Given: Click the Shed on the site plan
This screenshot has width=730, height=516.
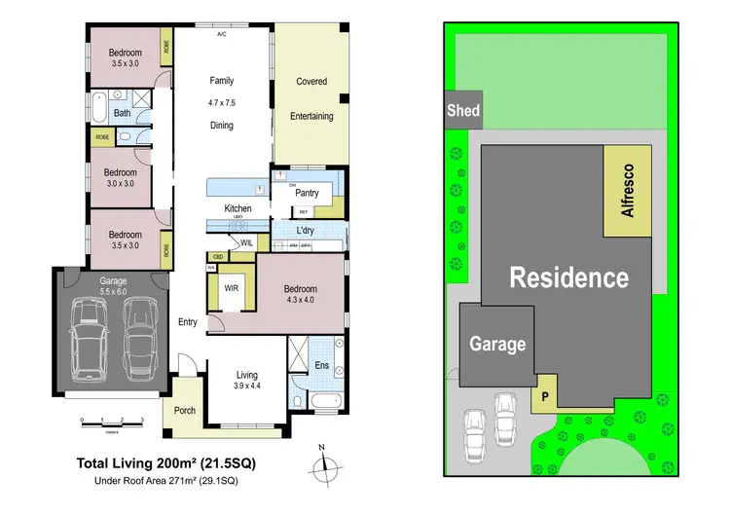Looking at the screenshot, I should [462, 110].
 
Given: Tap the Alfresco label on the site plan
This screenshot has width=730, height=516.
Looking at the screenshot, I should [628, 191].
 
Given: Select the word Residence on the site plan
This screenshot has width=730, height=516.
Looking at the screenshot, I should [570, 277].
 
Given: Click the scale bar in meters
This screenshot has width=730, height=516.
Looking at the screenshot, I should [113, 422].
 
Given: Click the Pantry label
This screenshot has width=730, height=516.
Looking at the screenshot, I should [307, 193].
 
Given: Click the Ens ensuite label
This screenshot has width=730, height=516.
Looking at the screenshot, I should [322, 367].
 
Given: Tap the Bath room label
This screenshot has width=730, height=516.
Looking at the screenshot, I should [122, 113].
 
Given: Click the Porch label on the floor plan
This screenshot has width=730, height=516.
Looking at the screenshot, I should [184, 410].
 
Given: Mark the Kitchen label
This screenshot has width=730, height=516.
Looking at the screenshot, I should [238, 208].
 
